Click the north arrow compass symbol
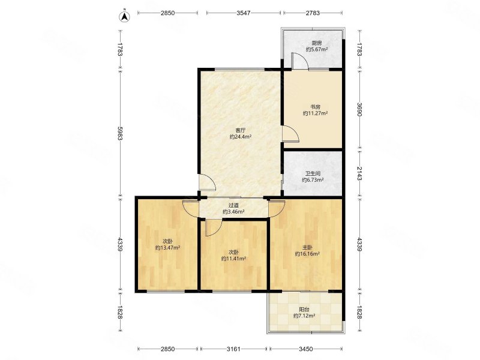(x=125, y=16)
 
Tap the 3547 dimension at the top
(x=244, y=13)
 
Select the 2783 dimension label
(x=313, y=13)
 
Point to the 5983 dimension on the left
(x=120, y=133)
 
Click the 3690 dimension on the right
(x=359, y=109)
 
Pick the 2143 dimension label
(x=359, y=173)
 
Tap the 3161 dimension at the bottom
(x=233, y=349)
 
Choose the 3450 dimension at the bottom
(x=306, y=349)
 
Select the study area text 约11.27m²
(x=316, y=113)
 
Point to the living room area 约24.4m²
(x=241, y=137)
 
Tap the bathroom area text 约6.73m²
(x=313, y=180)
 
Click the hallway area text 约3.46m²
(x=233, y=212)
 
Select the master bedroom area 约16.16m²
(x=307, y=254)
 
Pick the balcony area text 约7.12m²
(x=304, y=316)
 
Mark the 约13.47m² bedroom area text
(x=167, y=248)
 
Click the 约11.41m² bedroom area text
(x=234, y=259)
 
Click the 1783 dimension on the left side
(x=120, y=49)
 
